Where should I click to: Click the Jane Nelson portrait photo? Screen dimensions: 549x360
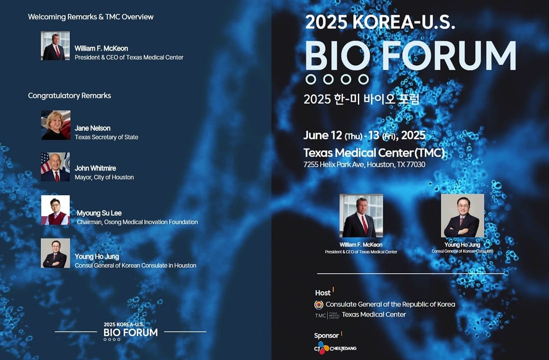pos(56,125)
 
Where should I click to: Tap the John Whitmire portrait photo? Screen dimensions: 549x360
pos(55,167)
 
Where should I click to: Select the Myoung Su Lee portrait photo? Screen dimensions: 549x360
pos(55,210)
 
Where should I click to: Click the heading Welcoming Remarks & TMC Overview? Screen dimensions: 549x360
pos(91,17)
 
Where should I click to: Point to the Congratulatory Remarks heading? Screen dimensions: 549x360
pos(69,95)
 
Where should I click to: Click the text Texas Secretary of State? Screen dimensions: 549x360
pos(106,137)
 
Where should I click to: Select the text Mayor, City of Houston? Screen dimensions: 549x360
pos(104,177)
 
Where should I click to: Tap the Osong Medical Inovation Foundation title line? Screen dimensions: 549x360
pos(137,222)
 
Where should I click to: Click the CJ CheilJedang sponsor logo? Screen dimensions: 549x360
pos(335,348)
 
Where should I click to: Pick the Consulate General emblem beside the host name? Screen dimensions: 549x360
pos(318,305)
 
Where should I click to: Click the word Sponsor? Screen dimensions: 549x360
pos(326,336)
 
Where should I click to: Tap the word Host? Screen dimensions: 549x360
pos(322,293)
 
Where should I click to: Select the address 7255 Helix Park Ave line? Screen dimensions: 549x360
pos(364,165)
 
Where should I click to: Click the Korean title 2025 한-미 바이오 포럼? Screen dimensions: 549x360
pos(361,99)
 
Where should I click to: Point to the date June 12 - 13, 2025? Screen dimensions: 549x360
pos(364,135)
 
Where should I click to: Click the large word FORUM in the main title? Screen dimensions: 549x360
pos(449,56)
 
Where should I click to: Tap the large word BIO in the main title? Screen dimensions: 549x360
pos(337,56)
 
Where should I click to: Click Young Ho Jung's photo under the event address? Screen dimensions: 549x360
pos(463,216)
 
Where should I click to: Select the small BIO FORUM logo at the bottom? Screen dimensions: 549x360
pos(131,331)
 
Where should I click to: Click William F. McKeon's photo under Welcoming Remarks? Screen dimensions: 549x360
pos(55,45)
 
